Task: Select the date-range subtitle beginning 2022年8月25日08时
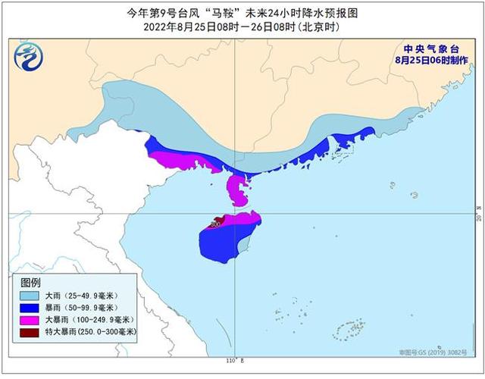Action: [x=242, y=27]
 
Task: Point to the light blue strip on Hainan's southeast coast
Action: [x=245, y=243]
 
